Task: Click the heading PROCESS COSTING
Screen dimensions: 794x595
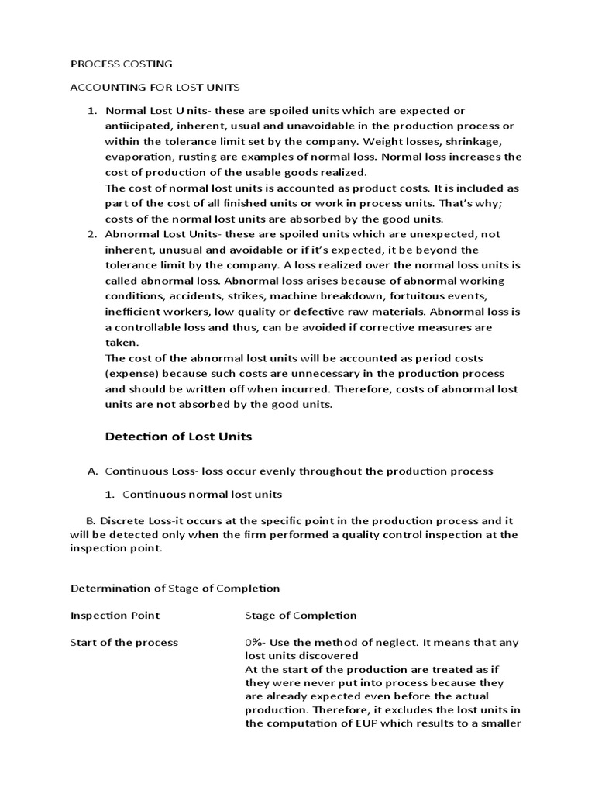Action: coord(121,64)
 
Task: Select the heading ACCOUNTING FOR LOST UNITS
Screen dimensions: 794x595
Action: coord(155,87)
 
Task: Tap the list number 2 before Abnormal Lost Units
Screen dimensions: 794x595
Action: coord(91,234)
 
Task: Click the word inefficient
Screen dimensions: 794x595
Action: coord(132,312)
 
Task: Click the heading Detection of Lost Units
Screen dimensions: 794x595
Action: coord(178,437)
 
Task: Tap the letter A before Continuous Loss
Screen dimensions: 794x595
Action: coord(91,471)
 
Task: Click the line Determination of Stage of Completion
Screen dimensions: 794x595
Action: coord(174,589)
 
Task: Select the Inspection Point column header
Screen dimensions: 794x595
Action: coord(115,615)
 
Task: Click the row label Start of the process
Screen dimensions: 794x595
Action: coord(124,642)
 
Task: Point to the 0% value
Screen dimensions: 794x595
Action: coord(255,642)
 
